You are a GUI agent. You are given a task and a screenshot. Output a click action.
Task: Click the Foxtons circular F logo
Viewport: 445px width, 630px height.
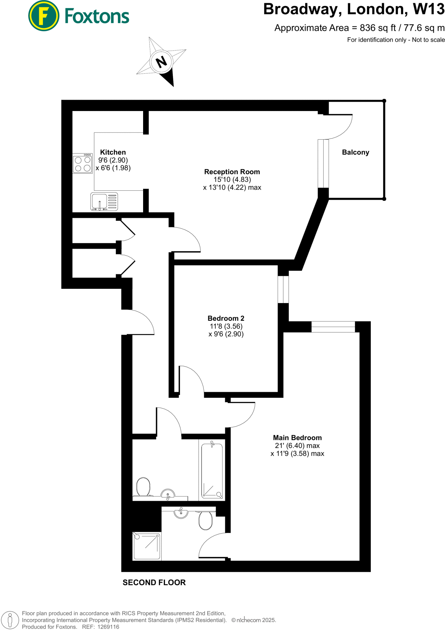(x=44, y=16)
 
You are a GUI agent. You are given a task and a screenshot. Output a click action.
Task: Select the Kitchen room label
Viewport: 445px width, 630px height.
(x=113, y=152)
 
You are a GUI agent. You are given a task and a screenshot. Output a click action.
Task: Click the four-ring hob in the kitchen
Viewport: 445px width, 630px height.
(x=83, y=164)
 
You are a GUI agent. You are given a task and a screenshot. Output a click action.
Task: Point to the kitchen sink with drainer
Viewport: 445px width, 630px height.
(x=104, y=201)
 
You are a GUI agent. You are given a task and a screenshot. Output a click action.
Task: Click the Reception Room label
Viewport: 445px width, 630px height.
(x=232, y=172)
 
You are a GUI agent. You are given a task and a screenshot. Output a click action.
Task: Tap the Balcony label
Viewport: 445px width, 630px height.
(x=355, y=152)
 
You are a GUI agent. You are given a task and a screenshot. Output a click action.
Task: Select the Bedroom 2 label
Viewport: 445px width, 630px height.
(x=226, y=318)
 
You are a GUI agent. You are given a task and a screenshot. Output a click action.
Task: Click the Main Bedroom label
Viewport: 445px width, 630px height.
(x=297, y=438)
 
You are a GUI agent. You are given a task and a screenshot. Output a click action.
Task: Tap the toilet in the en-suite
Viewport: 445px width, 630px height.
(x=205, y=520)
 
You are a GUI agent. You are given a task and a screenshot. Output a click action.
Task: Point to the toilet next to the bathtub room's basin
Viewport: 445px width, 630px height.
(x=143, y=487)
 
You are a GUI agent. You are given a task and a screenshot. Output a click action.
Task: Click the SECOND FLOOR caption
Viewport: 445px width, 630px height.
(x=154, y=583)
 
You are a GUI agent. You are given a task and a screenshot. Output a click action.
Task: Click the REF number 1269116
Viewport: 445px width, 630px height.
(x=108, y=627)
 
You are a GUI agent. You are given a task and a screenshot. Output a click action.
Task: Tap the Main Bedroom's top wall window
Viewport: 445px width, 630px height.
(x=333, y=327)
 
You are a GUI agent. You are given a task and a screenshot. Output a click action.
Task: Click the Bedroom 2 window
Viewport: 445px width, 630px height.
(x=283, y=289)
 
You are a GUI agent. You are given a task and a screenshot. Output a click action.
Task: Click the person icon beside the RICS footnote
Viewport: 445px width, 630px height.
(x=10, y=620)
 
